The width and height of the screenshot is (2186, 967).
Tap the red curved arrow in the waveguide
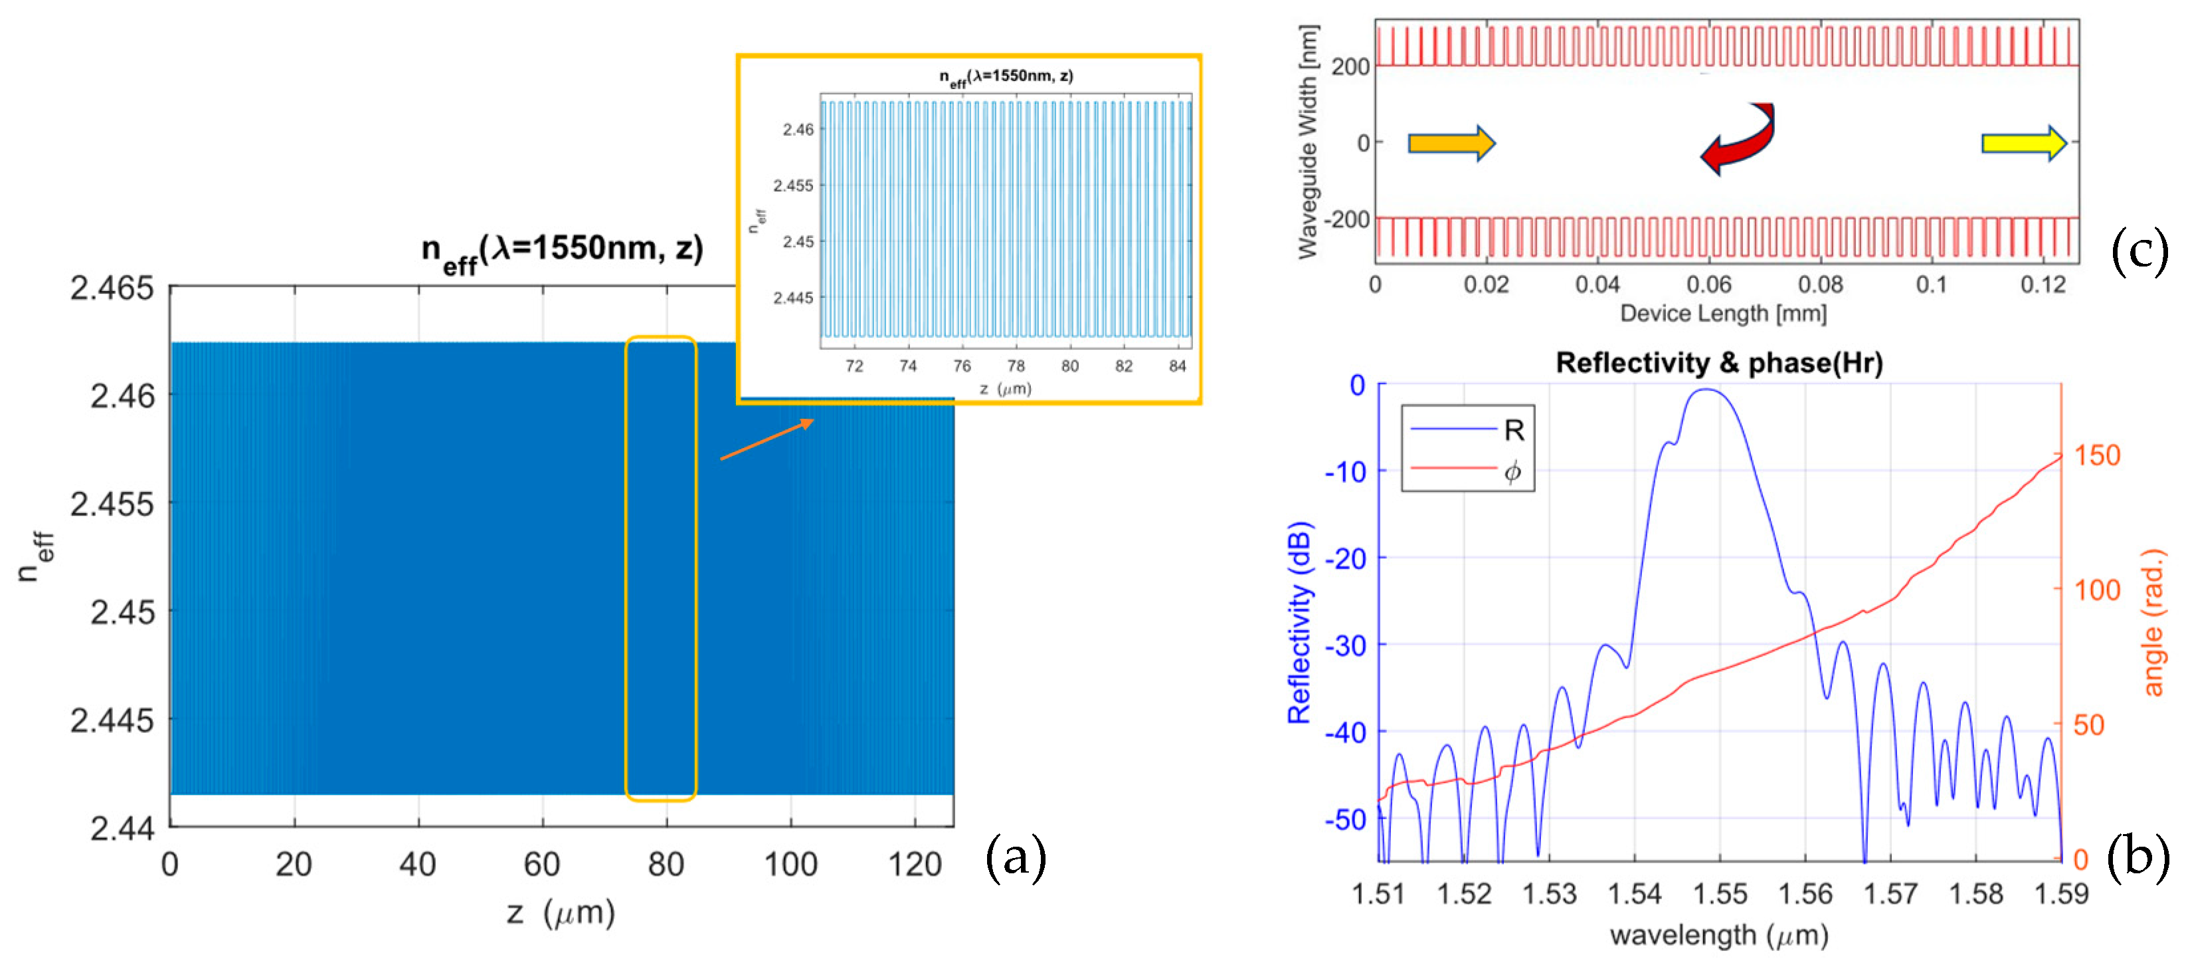pos(1740,141)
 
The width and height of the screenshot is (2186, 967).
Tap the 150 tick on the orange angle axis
pos(2097,456)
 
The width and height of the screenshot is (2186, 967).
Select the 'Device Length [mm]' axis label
pos(1722,313)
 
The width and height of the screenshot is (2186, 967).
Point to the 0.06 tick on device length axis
pos(1708,284)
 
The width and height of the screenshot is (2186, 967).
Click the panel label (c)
pos(2138,252)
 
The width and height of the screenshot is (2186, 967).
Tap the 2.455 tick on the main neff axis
pos(112,504)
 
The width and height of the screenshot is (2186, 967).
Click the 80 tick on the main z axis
pos(666,864)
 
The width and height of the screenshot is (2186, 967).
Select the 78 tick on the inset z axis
pos(1015,366)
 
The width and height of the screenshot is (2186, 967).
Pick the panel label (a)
pos(1015,858)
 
